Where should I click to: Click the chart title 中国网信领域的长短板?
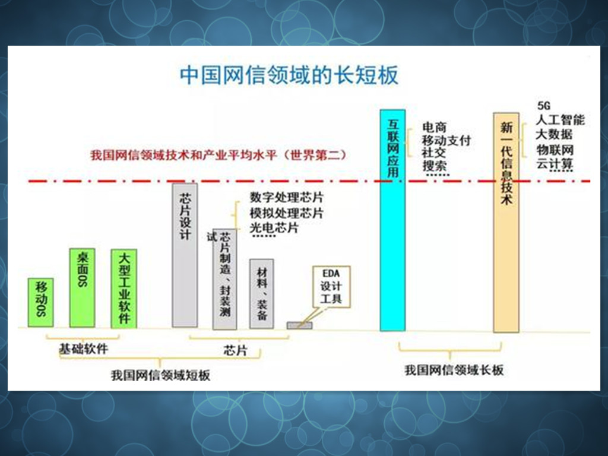[289, 75]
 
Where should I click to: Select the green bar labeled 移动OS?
[40, 302]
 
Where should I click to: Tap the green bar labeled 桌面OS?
[82, 288]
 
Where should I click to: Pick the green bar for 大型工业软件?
[124, 288]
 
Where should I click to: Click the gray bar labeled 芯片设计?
[185, 255]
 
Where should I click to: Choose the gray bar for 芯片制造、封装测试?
[224, 279]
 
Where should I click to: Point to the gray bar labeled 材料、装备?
[261, 293]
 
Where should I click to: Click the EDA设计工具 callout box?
[331, 286]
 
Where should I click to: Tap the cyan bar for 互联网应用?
[392, 220]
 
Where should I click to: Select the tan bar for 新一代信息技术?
[506, 223]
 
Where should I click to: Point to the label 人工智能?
[560, 120]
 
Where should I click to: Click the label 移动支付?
[446, 141]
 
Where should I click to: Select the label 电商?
[434, 127]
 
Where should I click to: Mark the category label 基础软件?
[83, 349]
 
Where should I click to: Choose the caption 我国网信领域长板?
[454, 370]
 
